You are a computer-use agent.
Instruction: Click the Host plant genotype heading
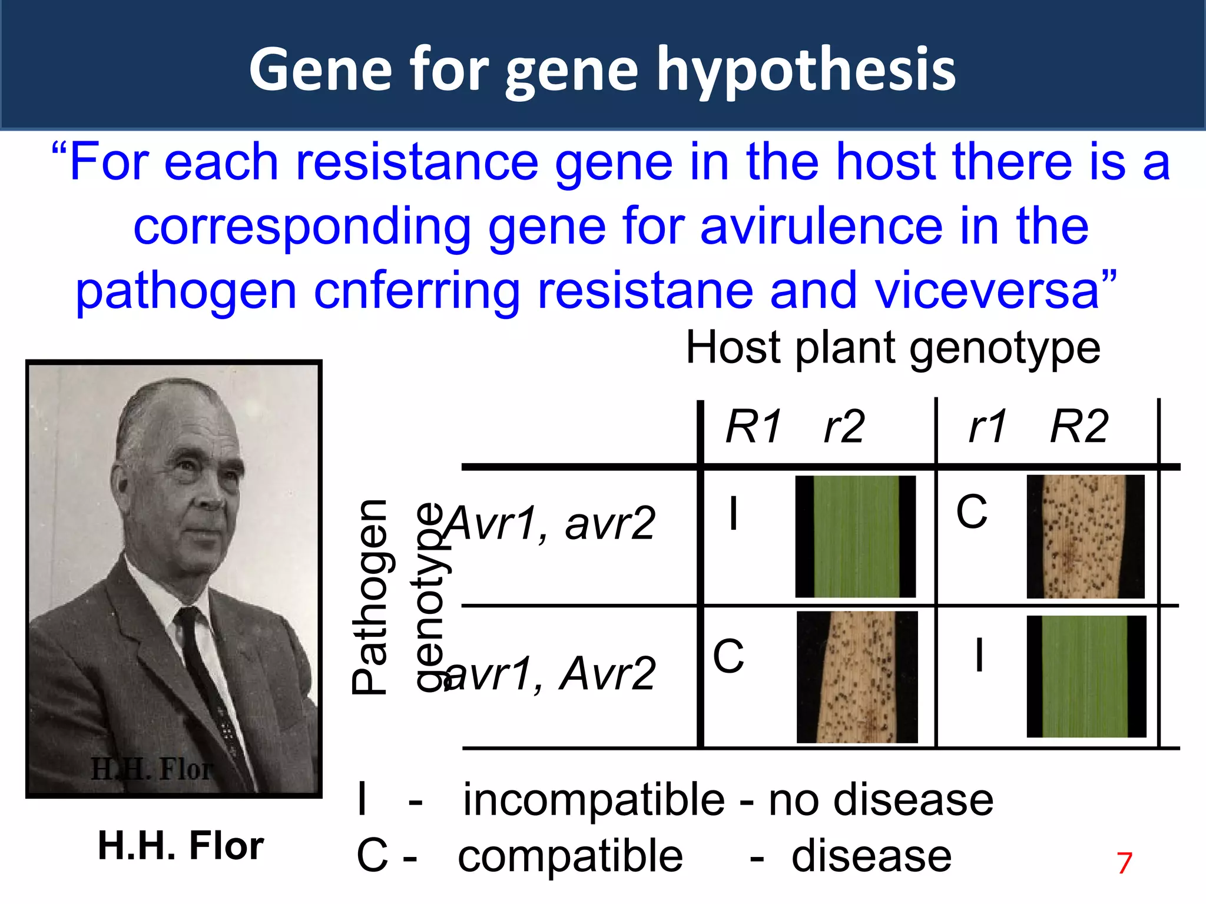tap(893, 348)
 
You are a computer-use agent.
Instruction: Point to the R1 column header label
tap(754, 427)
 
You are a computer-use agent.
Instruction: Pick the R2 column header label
tap(1079, 427)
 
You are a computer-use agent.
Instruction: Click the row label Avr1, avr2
tap(551, 523)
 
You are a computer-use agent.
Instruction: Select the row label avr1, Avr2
tap(551, 674)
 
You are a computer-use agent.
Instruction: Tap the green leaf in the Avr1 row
tap(856, 536)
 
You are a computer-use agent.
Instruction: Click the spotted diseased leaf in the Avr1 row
tap(1085, 536)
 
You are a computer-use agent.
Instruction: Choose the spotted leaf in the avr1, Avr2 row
tap(857, 677)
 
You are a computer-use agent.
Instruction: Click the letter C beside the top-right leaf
tap(971, 511)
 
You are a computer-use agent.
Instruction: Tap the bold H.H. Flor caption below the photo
tap(181, 846)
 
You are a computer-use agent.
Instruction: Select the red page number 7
tap(1124, 863)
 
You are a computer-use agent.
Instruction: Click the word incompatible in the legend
tap(594, 800)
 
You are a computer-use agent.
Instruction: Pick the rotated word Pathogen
tap(370, 597)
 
